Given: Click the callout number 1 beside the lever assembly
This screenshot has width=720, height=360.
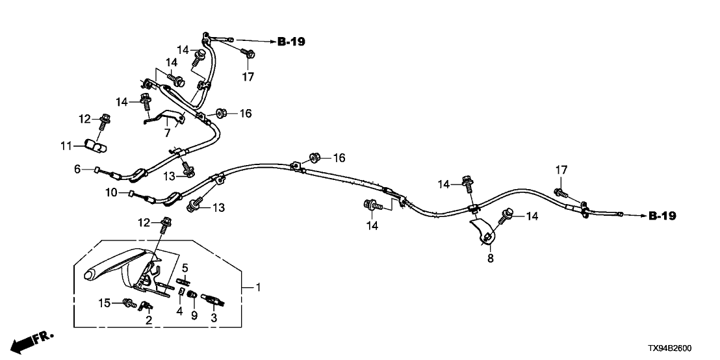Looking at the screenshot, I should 260,287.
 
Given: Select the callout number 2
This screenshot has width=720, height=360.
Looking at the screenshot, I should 148,320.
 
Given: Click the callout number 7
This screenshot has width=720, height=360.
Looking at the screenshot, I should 166,133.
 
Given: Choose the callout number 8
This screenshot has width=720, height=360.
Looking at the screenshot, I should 491,258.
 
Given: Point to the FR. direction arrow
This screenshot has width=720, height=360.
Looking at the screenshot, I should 32,340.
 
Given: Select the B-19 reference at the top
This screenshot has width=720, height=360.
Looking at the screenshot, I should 291,42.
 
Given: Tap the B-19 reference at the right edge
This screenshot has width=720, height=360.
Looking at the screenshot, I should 662,216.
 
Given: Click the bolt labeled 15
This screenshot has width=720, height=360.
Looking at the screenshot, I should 128,302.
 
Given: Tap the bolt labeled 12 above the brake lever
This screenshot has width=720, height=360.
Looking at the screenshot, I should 166,224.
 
